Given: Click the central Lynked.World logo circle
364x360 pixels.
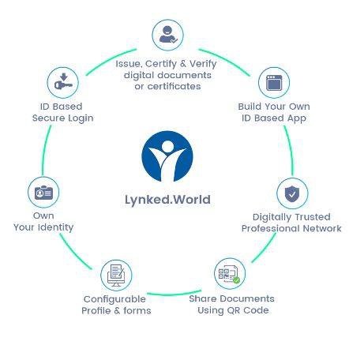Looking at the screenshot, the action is point(167,156).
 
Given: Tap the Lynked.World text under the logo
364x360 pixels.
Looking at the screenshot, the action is point(167,200).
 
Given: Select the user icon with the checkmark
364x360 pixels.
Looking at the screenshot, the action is point(168,35).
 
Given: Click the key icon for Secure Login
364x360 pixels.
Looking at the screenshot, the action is point(63,82).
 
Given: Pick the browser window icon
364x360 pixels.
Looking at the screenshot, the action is point(274,83).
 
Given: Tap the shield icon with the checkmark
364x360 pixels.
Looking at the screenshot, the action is point(292,194).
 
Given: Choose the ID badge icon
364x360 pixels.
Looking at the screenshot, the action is point(43,193).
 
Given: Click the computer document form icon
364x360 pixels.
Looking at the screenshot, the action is point(116,276).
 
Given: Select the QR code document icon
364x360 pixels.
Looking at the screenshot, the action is point(230,274).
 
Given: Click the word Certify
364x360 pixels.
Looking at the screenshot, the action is point(161,64).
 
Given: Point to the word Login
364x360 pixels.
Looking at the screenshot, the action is point(81,118).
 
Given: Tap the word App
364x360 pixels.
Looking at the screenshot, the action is point(297,118).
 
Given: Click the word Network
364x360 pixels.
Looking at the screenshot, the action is point(322,228).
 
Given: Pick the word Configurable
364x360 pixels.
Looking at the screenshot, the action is point(114,299).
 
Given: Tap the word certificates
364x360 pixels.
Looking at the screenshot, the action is point(174,86).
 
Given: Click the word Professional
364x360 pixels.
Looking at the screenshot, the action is point(270,228).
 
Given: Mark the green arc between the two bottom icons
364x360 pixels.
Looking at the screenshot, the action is point(174,294).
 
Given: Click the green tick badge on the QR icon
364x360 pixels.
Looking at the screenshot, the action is point(237,280).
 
